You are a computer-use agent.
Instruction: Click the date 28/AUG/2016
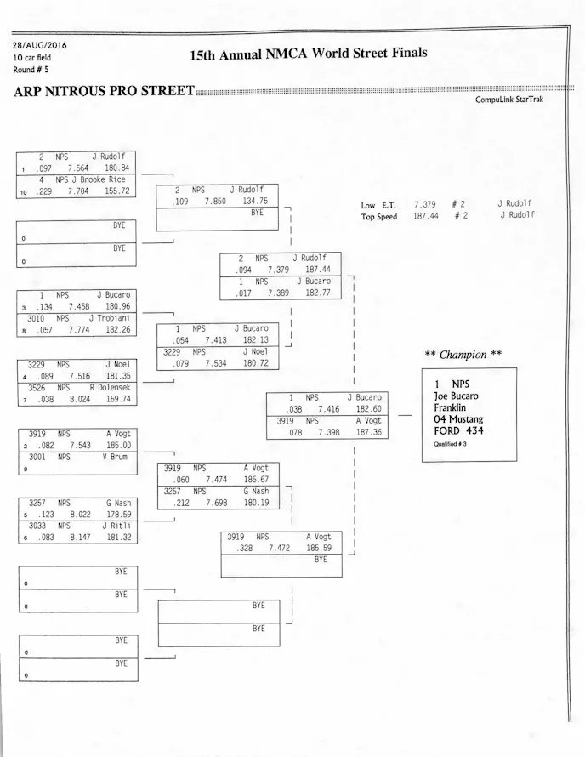coord(39,45)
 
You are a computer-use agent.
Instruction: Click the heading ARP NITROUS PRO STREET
coord(104,92)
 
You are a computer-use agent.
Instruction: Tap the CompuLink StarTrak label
coord(509,100)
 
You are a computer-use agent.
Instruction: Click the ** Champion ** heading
coord(463,355)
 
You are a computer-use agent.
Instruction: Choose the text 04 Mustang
coord(458,419)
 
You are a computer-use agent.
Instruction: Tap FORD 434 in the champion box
coord(458,431)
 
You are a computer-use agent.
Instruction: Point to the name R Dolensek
coord(110,387)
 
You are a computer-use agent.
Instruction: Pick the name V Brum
coord(116,457)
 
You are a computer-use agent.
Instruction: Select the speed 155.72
coord(116,191)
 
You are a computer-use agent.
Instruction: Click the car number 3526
coord(37,387)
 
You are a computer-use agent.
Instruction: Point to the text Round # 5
coord(30,69)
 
